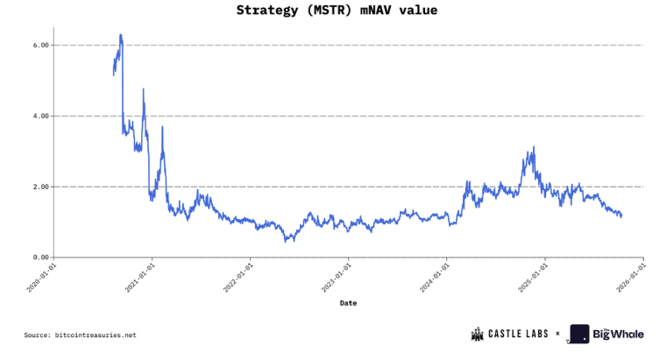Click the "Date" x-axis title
tap(348, 302)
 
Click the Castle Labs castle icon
tap(478, 334)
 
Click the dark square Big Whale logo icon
tap(579, 334)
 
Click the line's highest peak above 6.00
tap(120, 35)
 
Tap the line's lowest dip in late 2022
tap(287, 240)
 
